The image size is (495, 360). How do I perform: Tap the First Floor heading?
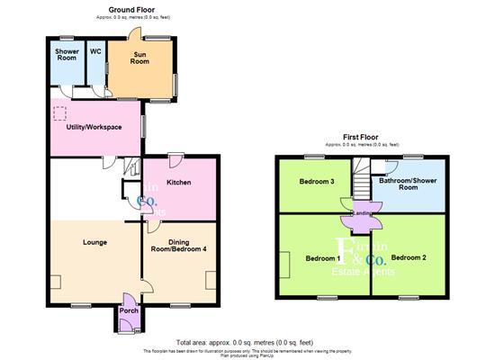tap(362, 137)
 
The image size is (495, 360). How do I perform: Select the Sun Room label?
tap(140, 59)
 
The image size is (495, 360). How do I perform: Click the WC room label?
tap(95, 51)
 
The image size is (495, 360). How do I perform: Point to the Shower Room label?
tap(67, 55)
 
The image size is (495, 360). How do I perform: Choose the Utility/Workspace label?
tap(94, 127)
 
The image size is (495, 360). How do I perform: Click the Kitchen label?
tap(178, 183)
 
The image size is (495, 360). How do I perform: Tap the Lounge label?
tap(95, 243)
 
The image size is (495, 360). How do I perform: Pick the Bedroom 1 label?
tap(319, 258)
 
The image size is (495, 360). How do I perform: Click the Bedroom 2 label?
tap(407, 258)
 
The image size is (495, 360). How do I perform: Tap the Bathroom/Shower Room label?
tap(409, 184)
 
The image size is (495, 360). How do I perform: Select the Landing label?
tap(362, 212)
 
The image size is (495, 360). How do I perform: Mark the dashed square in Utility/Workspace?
tap(60, 113)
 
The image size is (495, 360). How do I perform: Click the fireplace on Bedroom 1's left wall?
tap(284, 265)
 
